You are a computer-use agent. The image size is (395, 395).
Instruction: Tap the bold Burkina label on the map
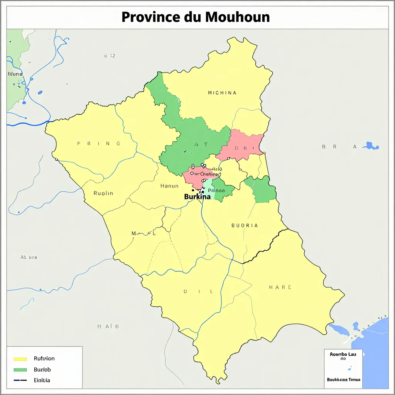tap(197, 196)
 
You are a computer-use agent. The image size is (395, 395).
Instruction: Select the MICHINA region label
tap(222, 93)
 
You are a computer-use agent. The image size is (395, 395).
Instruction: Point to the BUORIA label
tap(245, 225)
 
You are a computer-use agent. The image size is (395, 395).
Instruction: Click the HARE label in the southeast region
tap(280, 287)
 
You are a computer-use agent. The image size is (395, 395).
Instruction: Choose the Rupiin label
tap(103, 193)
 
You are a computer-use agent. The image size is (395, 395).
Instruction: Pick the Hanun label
tap(169, 186)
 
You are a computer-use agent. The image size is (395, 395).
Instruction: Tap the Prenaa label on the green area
tap(216, 190)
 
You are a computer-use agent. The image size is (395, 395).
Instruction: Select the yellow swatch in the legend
tap(20, 359)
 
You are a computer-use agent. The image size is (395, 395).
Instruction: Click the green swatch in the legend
tap(20, 370)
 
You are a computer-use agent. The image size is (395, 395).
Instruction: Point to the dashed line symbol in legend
tap(20, 380)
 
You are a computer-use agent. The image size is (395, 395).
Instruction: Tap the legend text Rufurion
tap(44, 359)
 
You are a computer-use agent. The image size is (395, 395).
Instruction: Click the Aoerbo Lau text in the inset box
tap(343, 353)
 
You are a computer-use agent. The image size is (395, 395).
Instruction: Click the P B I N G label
tap(99, 143)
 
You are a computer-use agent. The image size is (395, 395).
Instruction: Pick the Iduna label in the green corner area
tap(15, 74)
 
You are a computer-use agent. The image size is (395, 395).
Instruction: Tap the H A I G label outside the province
tap(108, 326)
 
